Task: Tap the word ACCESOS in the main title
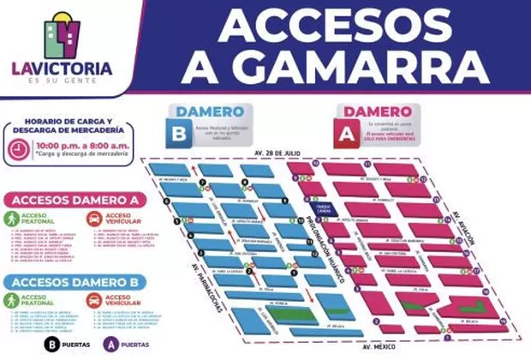coord(329,23)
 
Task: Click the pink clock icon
coord(16,147)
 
